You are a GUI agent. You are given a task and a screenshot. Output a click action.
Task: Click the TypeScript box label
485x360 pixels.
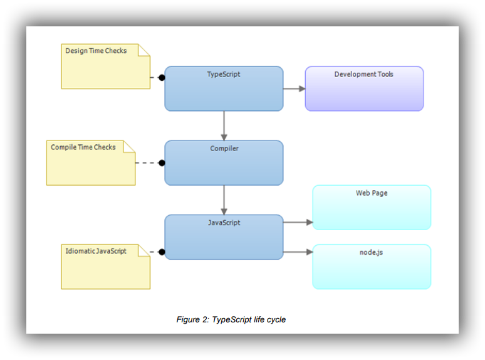[x=224, y=75]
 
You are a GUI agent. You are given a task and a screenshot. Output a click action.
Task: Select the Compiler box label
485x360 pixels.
[x=224, y=149]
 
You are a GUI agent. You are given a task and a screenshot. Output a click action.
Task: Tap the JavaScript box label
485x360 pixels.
[x=224, y=223]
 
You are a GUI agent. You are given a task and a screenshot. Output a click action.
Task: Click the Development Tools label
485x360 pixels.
[x=363, y=75]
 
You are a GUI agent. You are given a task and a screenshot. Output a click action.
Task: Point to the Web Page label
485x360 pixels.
[x=372, y=193]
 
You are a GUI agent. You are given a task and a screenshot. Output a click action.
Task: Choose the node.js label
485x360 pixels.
[x=372, y=252]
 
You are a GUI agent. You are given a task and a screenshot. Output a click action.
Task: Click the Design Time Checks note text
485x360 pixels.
[x=96, y=51]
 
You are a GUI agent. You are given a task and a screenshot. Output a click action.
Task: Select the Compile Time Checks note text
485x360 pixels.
[x=83, y=147]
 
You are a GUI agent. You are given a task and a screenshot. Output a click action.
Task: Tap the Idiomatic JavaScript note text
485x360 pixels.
[x=96, y=251]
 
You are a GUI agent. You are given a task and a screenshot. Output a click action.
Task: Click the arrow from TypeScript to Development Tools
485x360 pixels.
[x=294, y=88]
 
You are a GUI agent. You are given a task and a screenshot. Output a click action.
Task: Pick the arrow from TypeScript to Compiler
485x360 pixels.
[x=224, y=125]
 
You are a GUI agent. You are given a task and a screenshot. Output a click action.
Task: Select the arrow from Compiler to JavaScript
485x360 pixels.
[x=224, y=200]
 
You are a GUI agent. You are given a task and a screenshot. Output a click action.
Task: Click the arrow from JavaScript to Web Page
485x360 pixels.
[x=298, y=222]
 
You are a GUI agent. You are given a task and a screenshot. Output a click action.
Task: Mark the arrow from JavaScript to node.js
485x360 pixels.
[x=298, y=252]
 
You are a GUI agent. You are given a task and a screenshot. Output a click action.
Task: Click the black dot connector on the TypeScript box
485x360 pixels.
[x=162, y=78]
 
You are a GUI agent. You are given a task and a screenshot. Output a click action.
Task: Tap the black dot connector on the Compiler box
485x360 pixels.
[x=162, y=163]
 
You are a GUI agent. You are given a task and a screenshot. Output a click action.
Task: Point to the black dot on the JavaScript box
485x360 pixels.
[x=162, y=252]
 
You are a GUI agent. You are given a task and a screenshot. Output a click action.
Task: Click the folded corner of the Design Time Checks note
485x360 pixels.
[x=145, y=50]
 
